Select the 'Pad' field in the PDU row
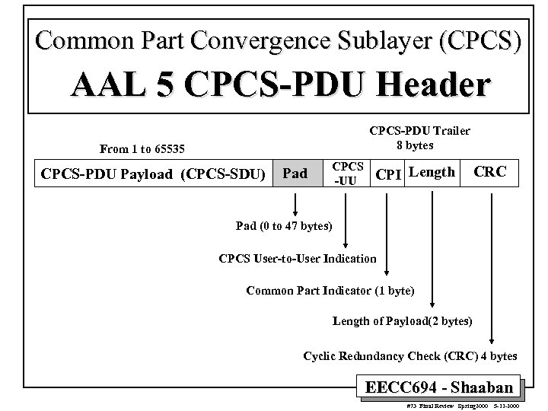pyautogui.click(x=295, y=174)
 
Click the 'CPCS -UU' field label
pyautogui.click(x=347, y=173)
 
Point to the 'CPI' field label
pyautogui.click(x=387, y=174)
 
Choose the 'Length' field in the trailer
pyautogui.click(x=432, y=172)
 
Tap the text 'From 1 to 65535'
pyautogui.click(x=142, y=148)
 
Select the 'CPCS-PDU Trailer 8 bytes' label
pyautogui.click(x=419, y=137)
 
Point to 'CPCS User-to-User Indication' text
pyautogui.click(x=297, y=258)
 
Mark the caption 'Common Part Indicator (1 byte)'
pyautogui.click(x=330, y=290)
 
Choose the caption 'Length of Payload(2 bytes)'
pyautogui.click(x=403, y=321)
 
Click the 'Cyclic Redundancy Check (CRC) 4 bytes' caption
pyautogui.click(x=410, y=355)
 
